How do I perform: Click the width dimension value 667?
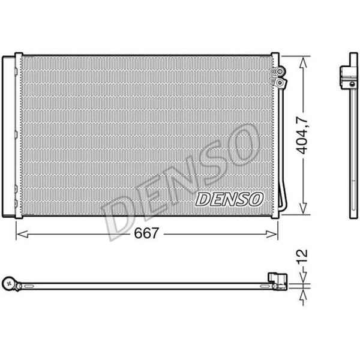pos(147,233)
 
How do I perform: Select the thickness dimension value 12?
pos(305,257)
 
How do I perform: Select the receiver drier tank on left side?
pos(8,136)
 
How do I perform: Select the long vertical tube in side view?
pos(352,150)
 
